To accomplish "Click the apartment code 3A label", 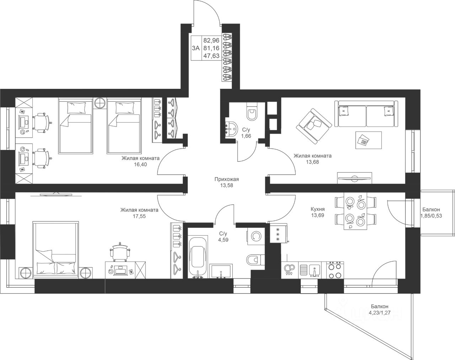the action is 196,48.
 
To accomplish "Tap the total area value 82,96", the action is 211,40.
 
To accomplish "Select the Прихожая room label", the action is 227,179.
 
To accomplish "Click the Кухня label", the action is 317,209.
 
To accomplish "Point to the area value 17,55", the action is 139,216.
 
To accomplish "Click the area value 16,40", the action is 140,164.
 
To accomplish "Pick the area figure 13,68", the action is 312,162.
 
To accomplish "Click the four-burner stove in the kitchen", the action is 335,270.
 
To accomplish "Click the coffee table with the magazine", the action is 369,140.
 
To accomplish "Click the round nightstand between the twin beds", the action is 100,103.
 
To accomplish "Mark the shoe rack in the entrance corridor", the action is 227,57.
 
